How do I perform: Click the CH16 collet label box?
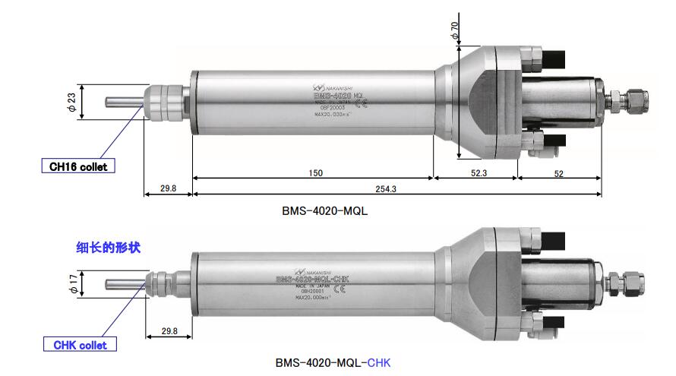(x=79, y=166)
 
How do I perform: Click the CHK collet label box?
(x=80, y=345)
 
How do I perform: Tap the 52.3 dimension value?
(x=479, y=173)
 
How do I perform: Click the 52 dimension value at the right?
(x=558, y=173)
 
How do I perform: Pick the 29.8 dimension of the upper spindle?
(x=169, y=188)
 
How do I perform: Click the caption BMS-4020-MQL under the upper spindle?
(x=324, y=210)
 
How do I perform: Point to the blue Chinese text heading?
(x=109, y=248)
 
